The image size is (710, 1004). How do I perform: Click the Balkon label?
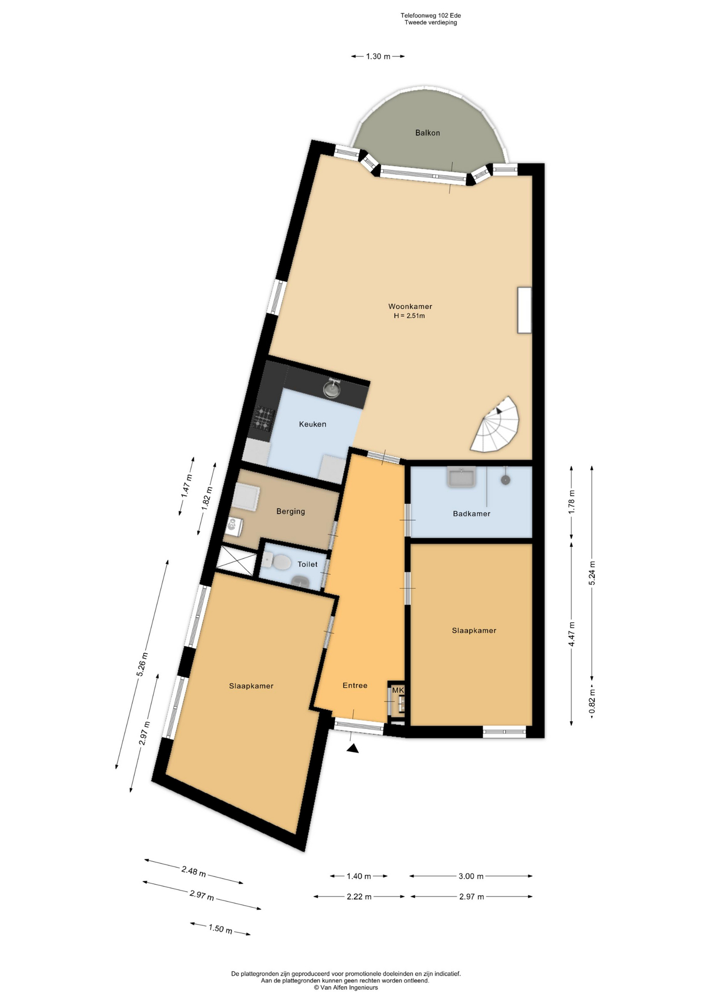(427, 133)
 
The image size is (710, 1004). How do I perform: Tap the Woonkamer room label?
(410, 306)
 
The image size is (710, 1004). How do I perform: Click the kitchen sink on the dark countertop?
(332, 389)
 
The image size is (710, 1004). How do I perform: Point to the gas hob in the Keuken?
(264, 418)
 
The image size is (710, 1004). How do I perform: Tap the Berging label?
(291, 511)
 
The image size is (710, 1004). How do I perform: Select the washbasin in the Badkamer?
(461, 477)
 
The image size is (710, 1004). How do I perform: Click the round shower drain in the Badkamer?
(505, 480)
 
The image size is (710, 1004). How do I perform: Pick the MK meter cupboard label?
(398, 690)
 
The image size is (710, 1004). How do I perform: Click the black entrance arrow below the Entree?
(353, 749)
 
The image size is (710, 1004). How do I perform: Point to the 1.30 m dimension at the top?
(378, 56)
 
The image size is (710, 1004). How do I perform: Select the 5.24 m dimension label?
(592, 573)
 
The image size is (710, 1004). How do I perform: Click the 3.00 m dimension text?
(471, 876)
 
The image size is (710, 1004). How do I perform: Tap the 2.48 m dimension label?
(193, 872)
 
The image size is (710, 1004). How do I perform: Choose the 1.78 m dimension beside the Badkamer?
(571, 500)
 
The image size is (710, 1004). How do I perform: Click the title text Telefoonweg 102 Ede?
(431, 16)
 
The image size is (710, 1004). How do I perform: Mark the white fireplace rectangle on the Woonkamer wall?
(524, 310)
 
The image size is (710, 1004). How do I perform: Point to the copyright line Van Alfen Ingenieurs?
(346, 987)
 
